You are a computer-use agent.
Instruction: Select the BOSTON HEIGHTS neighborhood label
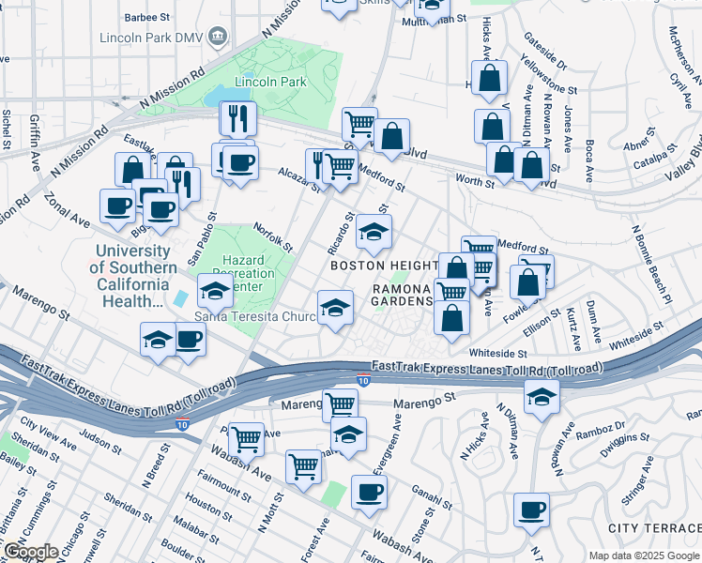click(384, 266)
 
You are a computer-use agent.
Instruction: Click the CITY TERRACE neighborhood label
click(654, 529)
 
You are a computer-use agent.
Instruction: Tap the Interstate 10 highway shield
click(363, 380)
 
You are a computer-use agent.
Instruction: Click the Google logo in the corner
click(30, 552)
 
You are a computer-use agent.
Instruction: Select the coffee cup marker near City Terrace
click(532, 510)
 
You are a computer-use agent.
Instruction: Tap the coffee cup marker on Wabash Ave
click(369, 491)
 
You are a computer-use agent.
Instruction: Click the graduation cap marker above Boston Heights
click(374, 231)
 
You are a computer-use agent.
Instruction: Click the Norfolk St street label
click(273, 237)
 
